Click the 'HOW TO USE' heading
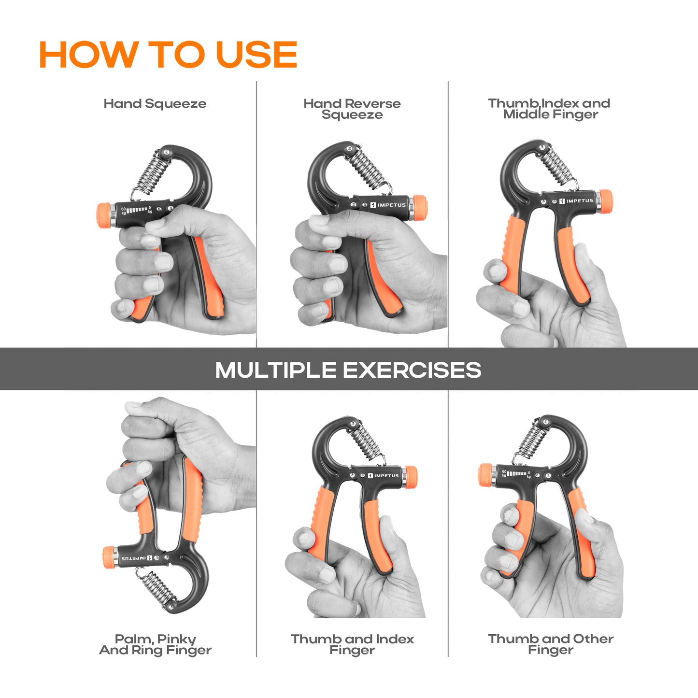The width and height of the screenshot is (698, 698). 168,54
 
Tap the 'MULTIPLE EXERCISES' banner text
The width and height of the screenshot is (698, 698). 348,370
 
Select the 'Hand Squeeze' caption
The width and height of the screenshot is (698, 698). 155,104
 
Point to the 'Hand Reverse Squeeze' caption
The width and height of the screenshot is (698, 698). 352,109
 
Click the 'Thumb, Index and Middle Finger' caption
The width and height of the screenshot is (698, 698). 549,109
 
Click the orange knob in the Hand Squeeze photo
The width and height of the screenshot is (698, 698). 104,215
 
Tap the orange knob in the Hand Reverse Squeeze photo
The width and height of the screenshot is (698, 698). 420,208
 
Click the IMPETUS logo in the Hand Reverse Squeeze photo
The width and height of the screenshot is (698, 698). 388,205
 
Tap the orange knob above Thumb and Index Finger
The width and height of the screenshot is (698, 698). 411,477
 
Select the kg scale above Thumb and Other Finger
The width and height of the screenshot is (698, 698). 516,474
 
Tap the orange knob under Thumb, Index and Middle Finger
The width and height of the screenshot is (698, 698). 605,201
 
